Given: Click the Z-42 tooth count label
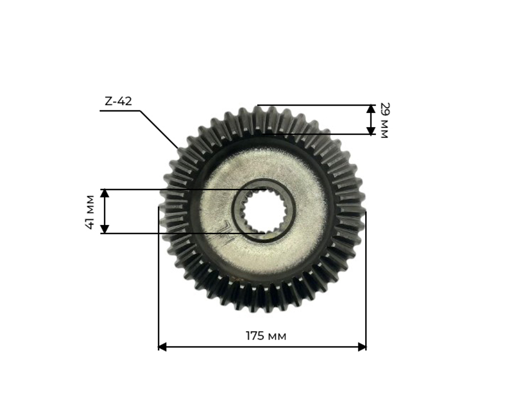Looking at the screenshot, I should point(118,101).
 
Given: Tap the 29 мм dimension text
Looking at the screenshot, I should point(384,120).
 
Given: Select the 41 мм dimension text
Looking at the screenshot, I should point(90,211).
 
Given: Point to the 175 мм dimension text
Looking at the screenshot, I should point(266,336).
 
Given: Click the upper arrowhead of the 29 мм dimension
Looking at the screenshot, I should point(371,109).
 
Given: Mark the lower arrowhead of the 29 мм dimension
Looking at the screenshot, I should point(371,130).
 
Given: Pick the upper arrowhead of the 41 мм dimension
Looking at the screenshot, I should point(105,193).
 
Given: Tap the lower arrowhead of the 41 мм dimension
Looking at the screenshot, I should point(105,229).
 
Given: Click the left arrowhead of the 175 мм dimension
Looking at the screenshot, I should point(162,347).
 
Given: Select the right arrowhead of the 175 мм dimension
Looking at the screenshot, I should point(362,347).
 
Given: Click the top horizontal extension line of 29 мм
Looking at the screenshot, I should point(314,105).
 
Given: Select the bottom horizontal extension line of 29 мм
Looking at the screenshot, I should point(320,134).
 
